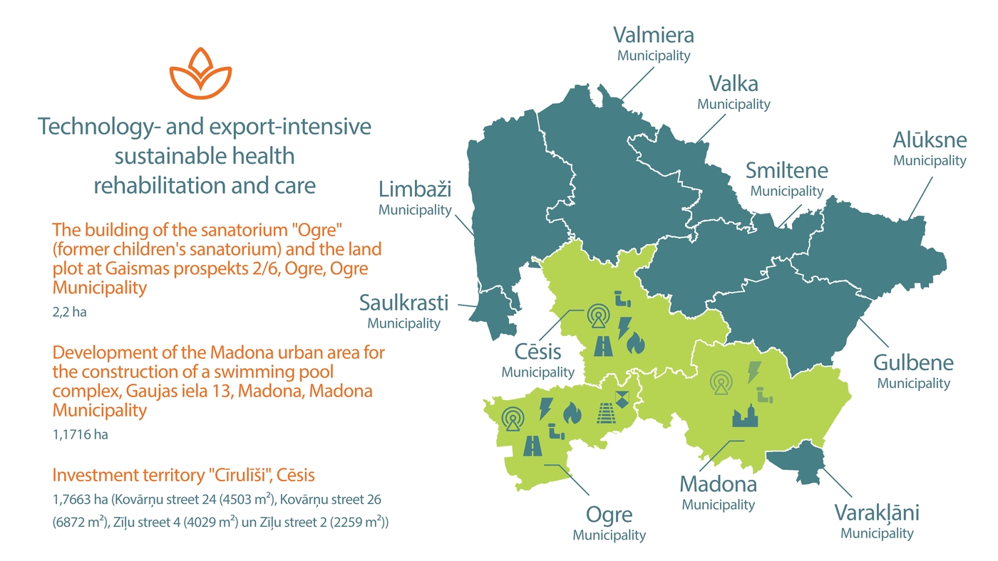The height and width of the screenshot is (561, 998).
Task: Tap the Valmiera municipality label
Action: point(654,43)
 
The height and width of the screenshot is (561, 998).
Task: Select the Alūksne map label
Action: point(930,147)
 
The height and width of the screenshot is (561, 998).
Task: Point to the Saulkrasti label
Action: point(403,310)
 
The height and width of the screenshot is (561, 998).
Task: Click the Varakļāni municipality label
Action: point(877,520)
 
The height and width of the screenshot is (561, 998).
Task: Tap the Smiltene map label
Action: point(786,179)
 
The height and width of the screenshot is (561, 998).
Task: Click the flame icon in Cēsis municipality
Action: point(635,345)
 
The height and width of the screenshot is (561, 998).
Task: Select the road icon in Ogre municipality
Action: point(533,446)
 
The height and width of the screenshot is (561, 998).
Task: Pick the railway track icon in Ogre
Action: point(606,413)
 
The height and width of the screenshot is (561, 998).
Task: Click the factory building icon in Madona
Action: point(746,415)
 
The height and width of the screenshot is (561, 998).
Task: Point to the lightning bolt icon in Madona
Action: point(753,372)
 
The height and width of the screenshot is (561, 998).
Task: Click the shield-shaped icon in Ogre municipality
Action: point(623,399)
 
